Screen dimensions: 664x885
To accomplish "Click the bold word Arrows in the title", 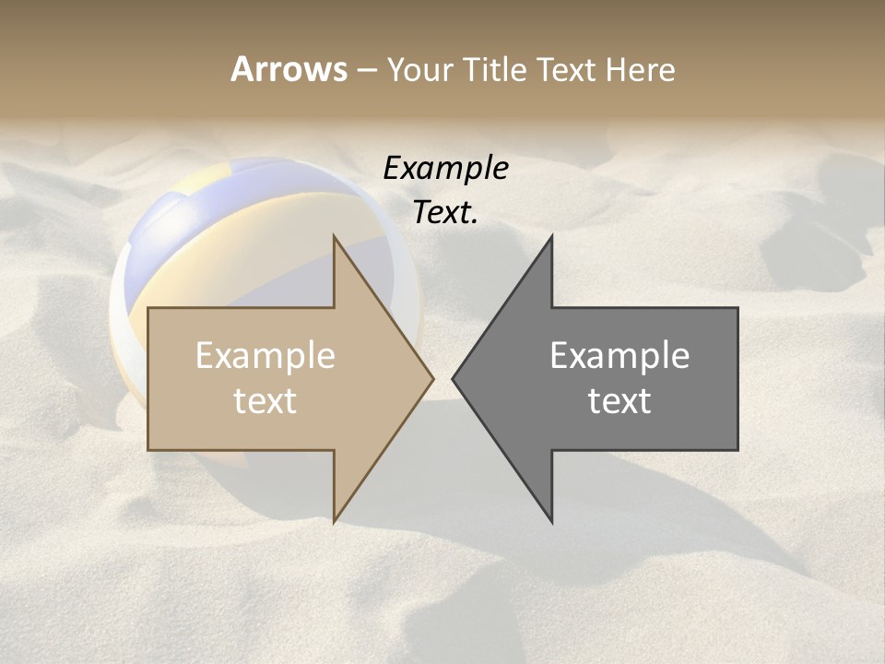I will coord(289,69).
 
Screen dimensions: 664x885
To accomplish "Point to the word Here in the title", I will coord(641,69).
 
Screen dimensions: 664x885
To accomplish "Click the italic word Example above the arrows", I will coord(445,168).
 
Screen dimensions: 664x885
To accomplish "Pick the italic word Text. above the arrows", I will coord(445,213).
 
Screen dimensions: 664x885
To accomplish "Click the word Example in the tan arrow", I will coord(265,356).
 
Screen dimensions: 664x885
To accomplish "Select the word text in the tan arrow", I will coord(265,401).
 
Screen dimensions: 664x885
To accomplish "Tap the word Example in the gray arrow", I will coord(619,356).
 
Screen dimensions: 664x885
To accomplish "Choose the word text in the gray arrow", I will coord(619,401).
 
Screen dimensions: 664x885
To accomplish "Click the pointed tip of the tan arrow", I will coord(431,378).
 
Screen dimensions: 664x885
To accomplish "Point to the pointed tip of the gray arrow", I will coord(454,378).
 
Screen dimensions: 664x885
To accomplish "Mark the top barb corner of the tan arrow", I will coord(335,238).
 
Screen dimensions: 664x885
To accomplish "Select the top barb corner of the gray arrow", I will coord(551,238).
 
